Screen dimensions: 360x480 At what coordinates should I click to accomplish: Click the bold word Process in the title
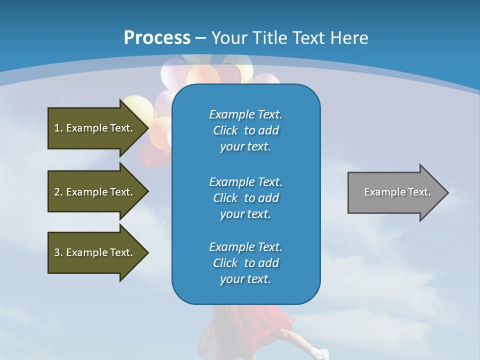pyautogui.click(x=157, y=37)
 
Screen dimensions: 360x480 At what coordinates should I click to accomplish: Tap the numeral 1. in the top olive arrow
pyautogui.click(x=58, y=128)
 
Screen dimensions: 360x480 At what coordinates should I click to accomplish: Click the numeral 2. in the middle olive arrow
pyautogui.click(x=58, y=192)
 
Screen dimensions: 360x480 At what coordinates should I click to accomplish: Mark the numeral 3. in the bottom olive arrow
pyautogui.click(x=58, y=252)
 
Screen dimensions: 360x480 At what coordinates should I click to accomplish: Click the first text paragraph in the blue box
pyautogui.click(x=245, y=130)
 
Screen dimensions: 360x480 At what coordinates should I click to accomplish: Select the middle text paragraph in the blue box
pyautogui.click(x=245, y=197)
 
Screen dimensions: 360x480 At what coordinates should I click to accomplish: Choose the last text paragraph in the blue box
pyautogui.click(x=245, y=263)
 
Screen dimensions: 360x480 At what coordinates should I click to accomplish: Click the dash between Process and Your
pyautogui.click(x=200, y=37)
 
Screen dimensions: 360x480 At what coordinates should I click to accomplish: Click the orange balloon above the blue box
pyautogui.click(x=202, y=75)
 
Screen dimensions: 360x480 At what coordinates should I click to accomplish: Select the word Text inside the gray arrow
pyautogui.click(x=418, y=192)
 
